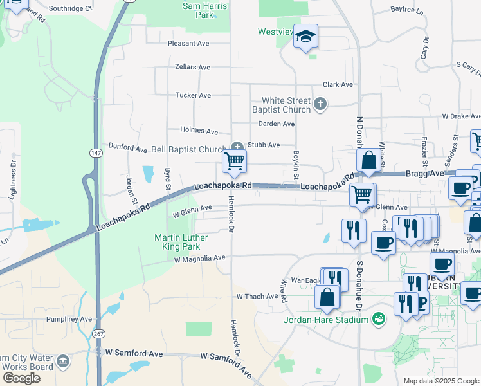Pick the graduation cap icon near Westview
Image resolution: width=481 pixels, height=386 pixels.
click(x=306, y=36)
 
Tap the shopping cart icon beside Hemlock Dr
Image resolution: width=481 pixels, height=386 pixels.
click(x=235, y=161)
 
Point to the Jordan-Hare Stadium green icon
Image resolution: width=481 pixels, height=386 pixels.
click(x=379, y=319)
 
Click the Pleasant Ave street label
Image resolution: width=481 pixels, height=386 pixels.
click(x=188, y=44)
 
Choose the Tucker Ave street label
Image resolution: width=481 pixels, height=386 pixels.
click(x=193, y=95)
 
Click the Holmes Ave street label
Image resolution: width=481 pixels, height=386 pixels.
click(x=199, y=131)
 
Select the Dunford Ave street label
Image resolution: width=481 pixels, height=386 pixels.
click(x=128, y=148)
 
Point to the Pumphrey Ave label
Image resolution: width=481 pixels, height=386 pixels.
click(x=69, y=318)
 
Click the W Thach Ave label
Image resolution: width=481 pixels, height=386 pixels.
click(x=257, y=297)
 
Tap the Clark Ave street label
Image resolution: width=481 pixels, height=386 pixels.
click(x=338, y=84)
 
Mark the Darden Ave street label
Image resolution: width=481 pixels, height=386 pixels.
click(x=276, y=124)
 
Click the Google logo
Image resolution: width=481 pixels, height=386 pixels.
click(x=21, y=378)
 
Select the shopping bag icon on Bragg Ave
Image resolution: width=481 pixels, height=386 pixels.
click(x=369, y=161)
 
